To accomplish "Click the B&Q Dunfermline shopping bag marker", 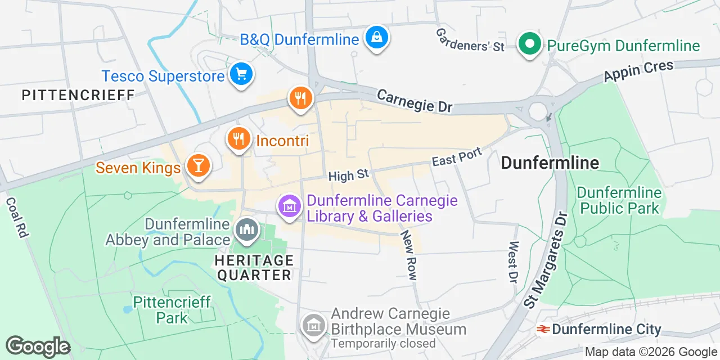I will [x=376, y=38].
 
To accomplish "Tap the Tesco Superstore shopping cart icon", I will [x=242, y=74].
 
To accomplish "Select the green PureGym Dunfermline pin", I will [x=529, y=44].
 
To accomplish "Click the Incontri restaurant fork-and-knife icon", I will [x=238, y=139].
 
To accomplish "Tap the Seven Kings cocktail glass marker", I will [x=198, y=166].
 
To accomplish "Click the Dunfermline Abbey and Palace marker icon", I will [x=246, y=230].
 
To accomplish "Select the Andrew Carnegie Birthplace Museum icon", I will [x=313, y=325].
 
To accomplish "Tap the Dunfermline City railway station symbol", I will [x=543, y=329].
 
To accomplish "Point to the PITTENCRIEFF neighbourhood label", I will [x=78, y=95].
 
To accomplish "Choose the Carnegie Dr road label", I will [x=415, y=101].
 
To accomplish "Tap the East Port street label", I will [x=457, y=157].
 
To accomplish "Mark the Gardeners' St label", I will [x=470, y=39].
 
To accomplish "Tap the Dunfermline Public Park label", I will [x=619, y=200].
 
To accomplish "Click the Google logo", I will [x=38, y=346].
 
